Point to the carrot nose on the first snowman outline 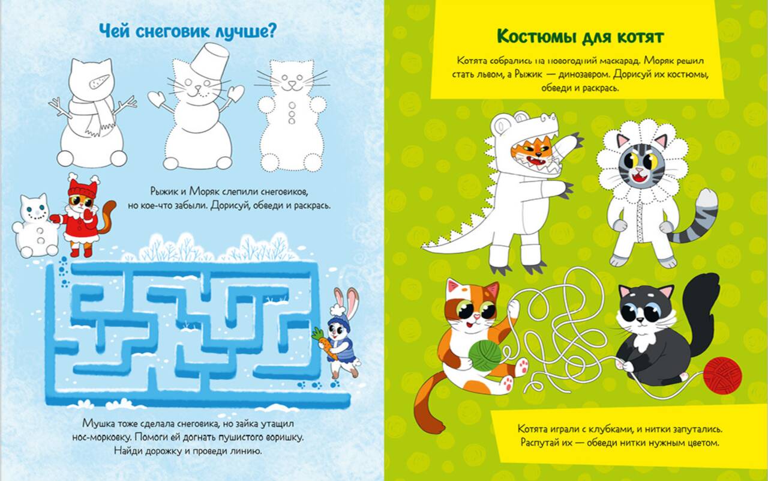[99, 81]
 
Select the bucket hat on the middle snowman [209, 60]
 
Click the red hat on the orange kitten [83, 189]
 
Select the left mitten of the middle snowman [157, 98]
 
